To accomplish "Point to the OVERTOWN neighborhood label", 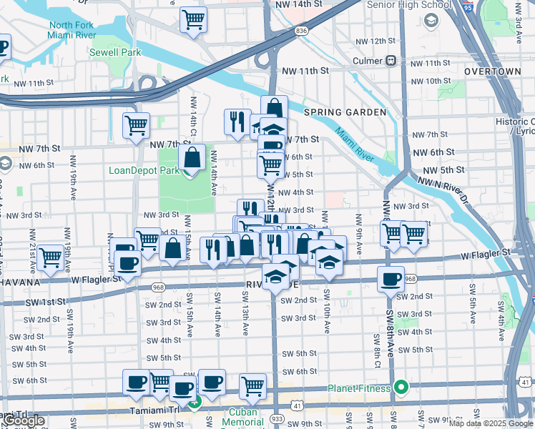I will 492,72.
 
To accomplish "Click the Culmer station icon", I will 391,61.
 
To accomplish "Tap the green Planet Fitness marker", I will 401,388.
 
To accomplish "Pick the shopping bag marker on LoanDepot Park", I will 192,157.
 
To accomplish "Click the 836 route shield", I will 301,31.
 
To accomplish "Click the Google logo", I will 24,421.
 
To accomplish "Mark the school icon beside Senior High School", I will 431,20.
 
